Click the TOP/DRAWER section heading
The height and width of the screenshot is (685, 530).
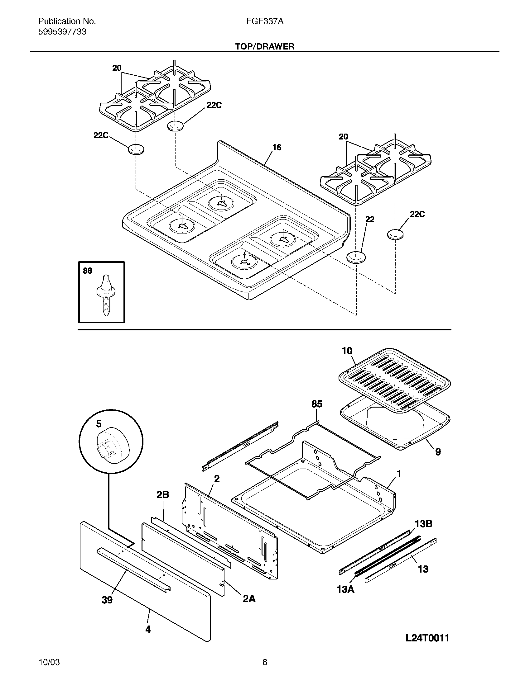[265, 47]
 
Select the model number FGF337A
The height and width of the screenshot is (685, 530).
[265, 21]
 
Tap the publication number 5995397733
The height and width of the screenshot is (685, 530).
[62, 32]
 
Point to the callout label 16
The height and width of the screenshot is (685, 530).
[277, 147]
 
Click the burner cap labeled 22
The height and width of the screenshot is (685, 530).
[356, 257]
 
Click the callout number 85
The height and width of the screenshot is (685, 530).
[317, 404]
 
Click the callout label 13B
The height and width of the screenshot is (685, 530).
[424, 524]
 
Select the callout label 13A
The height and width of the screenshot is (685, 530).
[345, 589]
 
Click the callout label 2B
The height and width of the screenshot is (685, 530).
[163, 495]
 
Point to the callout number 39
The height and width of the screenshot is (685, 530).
[107, 600]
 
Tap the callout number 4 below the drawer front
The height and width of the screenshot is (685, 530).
[148, 630]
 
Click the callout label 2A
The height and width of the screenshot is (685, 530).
[249, 599]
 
